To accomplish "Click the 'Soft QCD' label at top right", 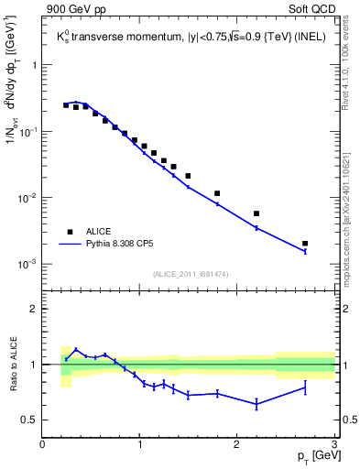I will [311, 10].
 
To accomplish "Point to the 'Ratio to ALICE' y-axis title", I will [12, 365].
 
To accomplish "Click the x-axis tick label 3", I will [334, 445].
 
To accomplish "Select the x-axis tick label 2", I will [237, 445].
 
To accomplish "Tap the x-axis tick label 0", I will [42, 445].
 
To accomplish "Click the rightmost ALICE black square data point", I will [305, 244].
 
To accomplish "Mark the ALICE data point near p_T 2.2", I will [256, 213].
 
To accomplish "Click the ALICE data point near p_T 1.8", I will [217, 193].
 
